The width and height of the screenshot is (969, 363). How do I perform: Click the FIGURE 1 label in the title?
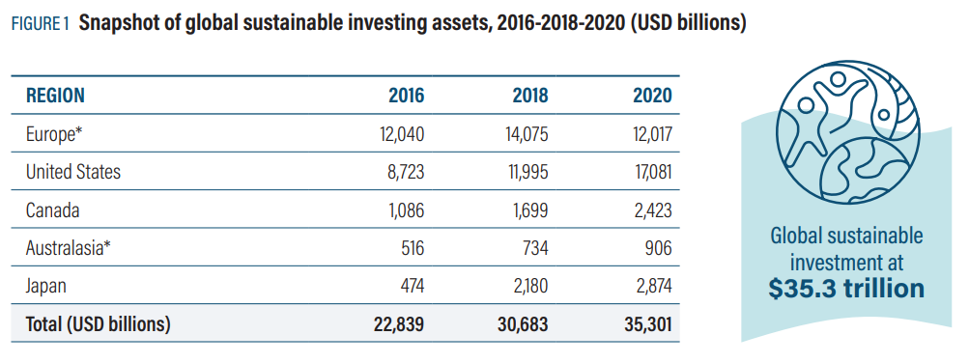(40, 25)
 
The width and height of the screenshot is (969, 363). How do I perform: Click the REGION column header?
(55, 96)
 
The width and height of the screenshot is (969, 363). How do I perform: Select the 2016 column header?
(406, 96)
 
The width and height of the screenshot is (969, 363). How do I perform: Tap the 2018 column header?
(529, 96)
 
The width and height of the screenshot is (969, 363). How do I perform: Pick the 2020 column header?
(652, 96)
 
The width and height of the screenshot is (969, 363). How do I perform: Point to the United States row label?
(73, 172)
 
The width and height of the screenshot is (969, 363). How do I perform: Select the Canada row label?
(52, 209)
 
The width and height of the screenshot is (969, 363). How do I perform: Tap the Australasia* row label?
(69, 248)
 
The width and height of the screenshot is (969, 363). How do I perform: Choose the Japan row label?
(48, 286)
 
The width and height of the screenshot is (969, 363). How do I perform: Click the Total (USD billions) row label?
(98, 324)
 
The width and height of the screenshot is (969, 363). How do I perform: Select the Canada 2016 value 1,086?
(403, 209)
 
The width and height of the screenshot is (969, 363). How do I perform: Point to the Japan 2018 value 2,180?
(527, 286)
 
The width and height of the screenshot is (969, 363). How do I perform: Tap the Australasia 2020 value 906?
(656, 248)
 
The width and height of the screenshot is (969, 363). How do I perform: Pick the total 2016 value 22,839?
(398, 324)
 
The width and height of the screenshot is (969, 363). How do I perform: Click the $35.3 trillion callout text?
(846, 288)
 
